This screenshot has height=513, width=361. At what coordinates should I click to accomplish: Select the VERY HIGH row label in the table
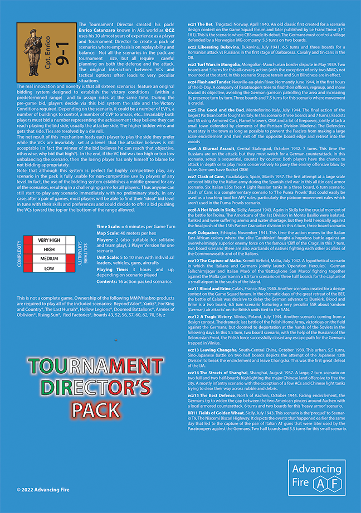(50, 240)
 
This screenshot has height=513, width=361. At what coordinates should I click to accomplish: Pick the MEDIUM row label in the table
(50, 258)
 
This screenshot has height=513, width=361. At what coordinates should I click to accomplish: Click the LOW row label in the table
(50, 268)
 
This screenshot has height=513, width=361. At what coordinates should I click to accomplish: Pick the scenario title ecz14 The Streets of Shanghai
(218, 371)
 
